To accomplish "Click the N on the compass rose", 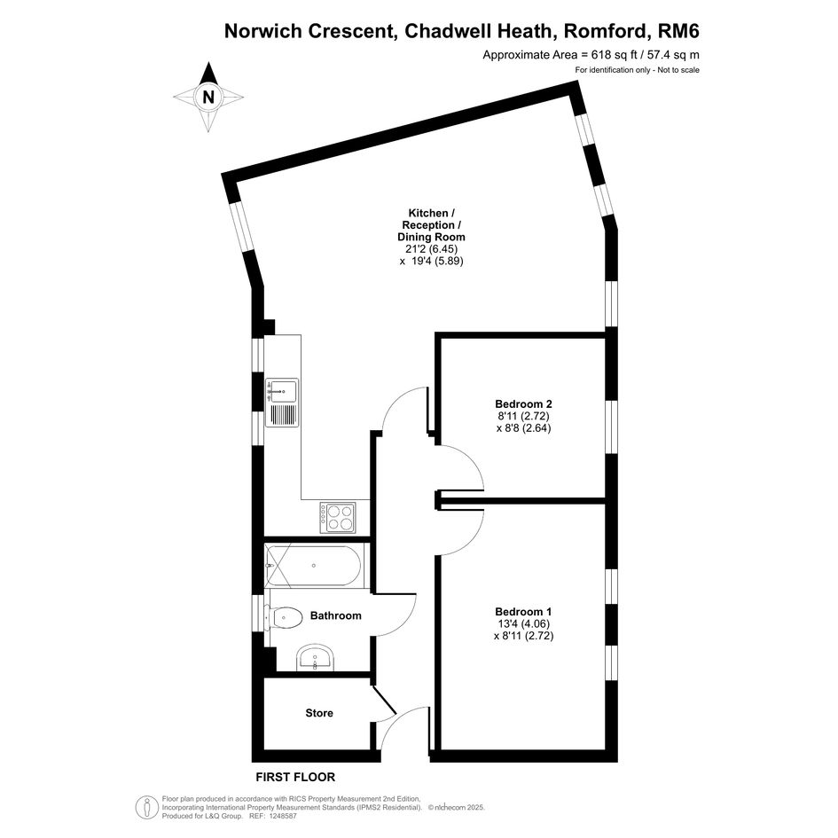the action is coord(208,98).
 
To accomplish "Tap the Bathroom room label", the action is coord(335,615).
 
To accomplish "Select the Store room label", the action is coord(319,713).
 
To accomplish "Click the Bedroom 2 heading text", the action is coord(523,403).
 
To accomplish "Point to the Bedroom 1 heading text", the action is coord(523,611).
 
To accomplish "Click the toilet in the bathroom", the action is coord(285,617).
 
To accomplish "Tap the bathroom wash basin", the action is coord(316,657).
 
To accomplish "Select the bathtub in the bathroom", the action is coord(314,565).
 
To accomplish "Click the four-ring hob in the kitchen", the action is coord(337,517).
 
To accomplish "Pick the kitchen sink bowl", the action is coord(283,390).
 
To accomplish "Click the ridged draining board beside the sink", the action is coord(283,415).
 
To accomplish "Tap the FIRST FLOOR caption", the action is coord(295,777).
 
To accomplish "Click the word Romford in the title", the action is coord(605,32).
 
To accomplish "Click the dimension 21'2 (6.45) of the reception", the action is coord(428,249).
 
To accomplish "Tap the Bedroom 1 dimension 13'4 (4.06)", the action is coord(523,623).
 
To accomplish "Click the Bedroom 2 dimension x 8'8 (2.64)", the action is coord(524,428).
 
